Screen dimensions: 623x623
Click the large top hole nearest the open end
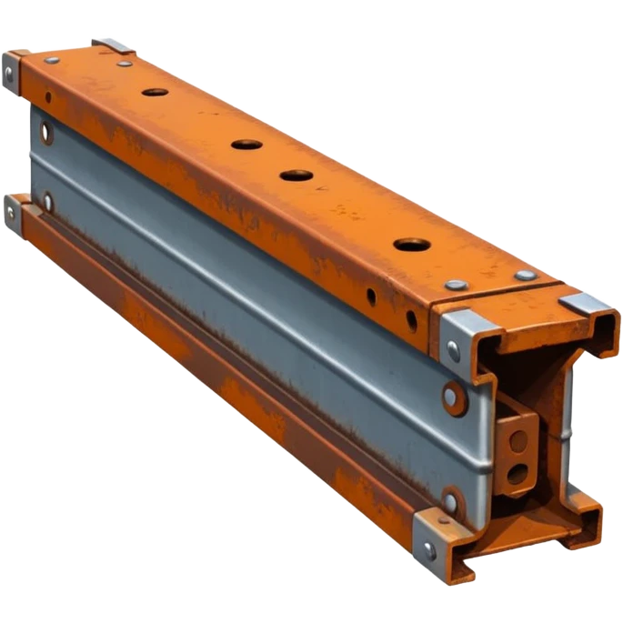tap(410, 245)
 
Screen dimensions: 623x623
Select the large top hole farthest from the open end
tap(155, 93)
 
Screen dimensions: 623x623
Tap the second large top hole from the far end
tap(246, 144)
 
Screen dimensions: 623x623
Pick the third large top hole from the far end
tap(295, 175)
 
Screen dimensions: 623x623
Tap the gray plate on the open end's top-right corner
tap(588, 305)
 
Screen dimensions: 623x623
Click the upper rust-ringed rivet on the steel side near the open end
tap(452, 395)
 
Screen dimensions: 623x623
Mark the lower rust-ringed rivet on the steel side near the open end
tap(451, 499)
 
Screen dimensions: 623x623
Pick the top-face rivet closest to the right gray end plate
tap(525, 276)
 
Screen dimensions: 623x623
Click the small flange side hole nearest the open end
tap(411, 319)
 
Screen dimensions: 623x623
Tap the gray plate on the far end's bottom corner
tap(12, 210)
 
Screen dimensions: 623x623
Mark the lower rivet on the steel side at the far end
tap(46, 201)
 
